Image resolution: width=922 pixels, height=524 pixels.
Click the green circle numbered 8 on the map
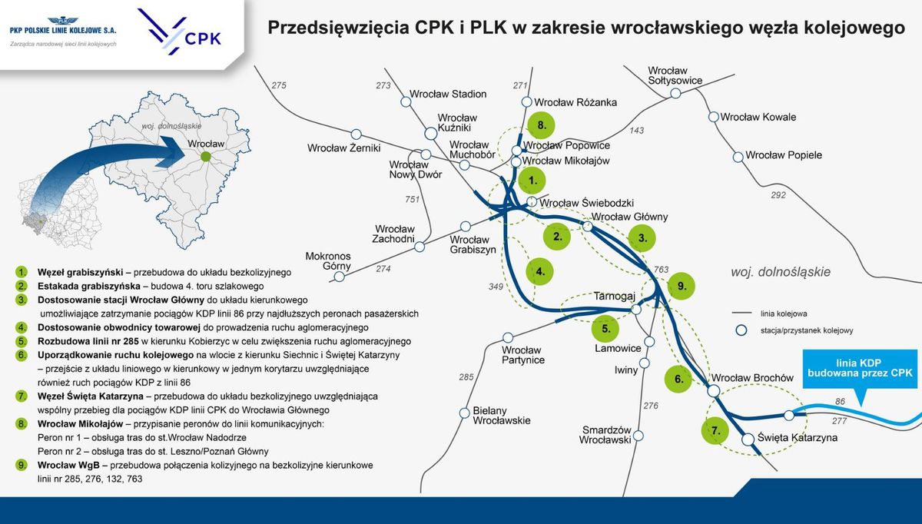coord(542,125)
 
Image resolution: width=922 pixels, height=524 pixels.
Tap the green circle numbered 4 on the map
coord(541,270)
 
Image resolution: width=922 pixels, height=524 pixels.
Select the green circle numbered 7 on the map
coord(715,431)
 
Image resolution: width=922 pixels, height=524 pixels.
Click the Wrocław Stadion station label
coord(448,94)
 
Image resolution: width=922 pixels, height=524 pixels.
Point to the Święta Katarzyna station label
coord(797,438)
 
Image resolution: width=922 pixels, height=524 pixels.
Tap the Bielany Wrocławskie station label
coord(502,416)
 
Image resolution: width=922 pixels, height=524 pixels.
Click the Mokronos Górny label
coord(328,261)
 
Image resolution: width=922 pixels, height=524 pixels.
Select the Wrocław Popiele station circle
coord(738,156)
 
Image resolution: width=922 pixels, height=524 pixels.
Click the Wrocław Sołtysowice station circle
coord(675,93)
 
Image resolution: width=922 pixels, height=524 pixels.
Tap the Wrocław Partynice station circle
coord(507,338)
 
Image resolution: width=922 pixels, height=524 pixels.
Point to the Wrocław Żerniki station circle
coord(356,134)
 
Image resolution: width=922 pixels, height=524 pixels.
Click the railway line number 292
coord(778,195)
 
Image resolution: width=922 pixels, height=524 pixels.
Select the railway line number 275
coord(279,85)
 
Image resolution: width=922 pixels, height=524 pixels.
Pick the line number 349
coord(496,287)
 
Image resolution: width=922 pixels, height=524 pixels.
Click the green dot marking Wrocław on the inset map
coord(205,157)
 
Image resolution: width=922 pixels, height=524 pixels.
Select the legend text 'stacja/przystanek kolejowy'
coord(807,330)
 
